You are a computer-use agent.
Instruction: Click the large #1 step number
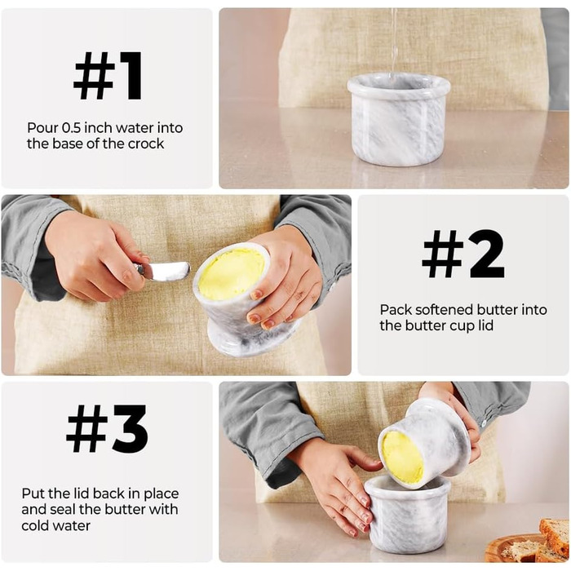[x=108, y=75]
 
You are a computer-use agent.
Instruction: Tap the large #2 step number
[x=463, y=254]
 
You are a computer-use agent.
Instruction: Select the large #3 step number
[x=107, y=428]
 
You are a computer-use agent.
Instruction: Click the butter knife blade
[x=166, y=272]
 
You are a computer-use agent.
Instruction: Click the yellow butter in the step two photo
[x=232, y=273]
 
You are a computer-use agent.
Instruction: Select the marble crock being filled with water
[x=398, y=119]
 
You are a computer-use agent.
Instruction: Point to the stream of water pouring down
[x=393, y=41]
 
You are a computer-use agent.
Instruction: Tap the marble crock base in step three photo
[x=408, y=514]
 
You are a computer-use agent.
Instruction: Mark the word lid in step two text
[x=484, y=325]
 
